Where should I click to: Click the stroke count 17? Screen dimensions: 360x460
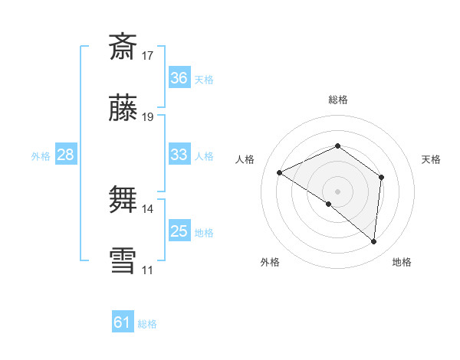coord(148,56)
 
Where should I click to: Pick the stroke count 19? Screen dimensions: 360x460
coord(148,117)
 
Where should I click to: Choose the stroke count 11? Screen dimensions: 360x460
coord(148,270)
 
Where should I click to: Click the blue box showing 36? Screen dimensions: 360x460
coord(179,78)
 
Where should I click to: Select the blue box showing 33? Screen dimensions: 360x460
coord(179,155)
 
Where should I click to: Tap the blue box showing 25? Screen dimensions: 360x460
coord(179,231)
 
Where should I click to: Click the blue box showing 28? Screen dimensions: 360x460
coord(66,155)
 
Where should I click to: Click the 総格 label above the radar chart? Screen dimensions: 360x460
coord(337,100)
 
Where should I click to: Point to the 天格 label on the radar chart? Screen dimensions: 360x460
coord(431,159)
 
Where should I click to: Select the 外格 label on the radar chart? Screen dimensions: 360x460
coord(270,262)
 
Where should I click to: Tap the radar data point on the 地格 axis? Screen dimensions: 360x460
coord(374,241)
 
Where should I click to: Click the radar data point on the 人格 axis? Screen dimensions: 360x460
coord(280,173)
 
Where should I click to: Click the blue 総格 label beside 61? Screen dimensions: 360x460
coord(147,324)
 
